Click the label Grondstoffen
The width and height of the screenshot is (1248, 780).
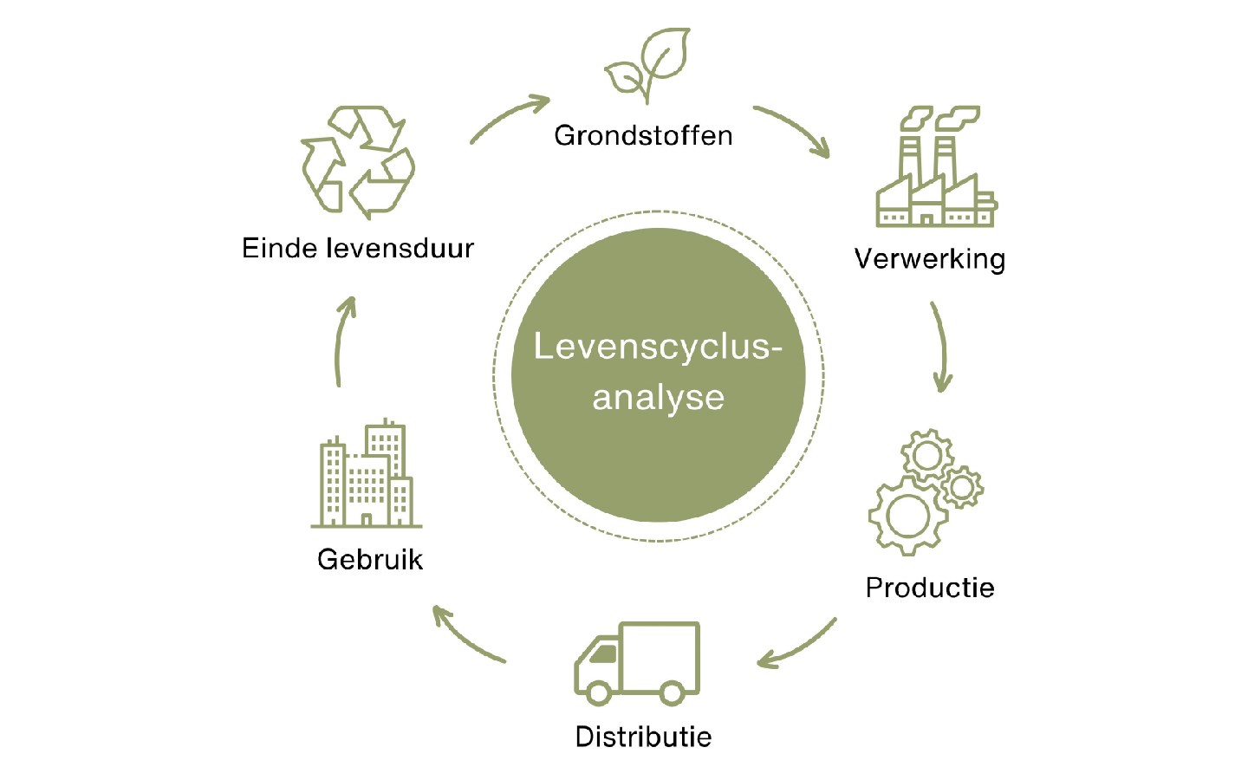point(643,136)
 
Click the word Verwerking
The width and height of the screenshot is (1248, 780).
point(929,259)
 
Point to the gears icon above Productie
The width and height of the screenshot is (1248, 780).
point(926,491)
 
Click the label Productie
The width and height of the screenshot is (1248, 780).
point(929,588)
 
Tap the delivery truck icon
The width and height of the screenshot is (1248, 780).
point(637,662)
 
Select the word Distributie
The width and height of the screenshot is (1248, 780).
point(643,737)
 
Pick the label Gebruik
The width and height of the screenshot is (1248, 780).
point(370,559)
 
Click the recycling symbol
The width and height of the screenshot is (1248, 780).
point(358,162)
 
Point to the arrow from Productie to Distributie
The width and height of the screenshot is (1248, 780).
point(797,647)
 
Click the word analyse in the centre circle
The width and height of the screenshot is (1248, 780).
point(658,398)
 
